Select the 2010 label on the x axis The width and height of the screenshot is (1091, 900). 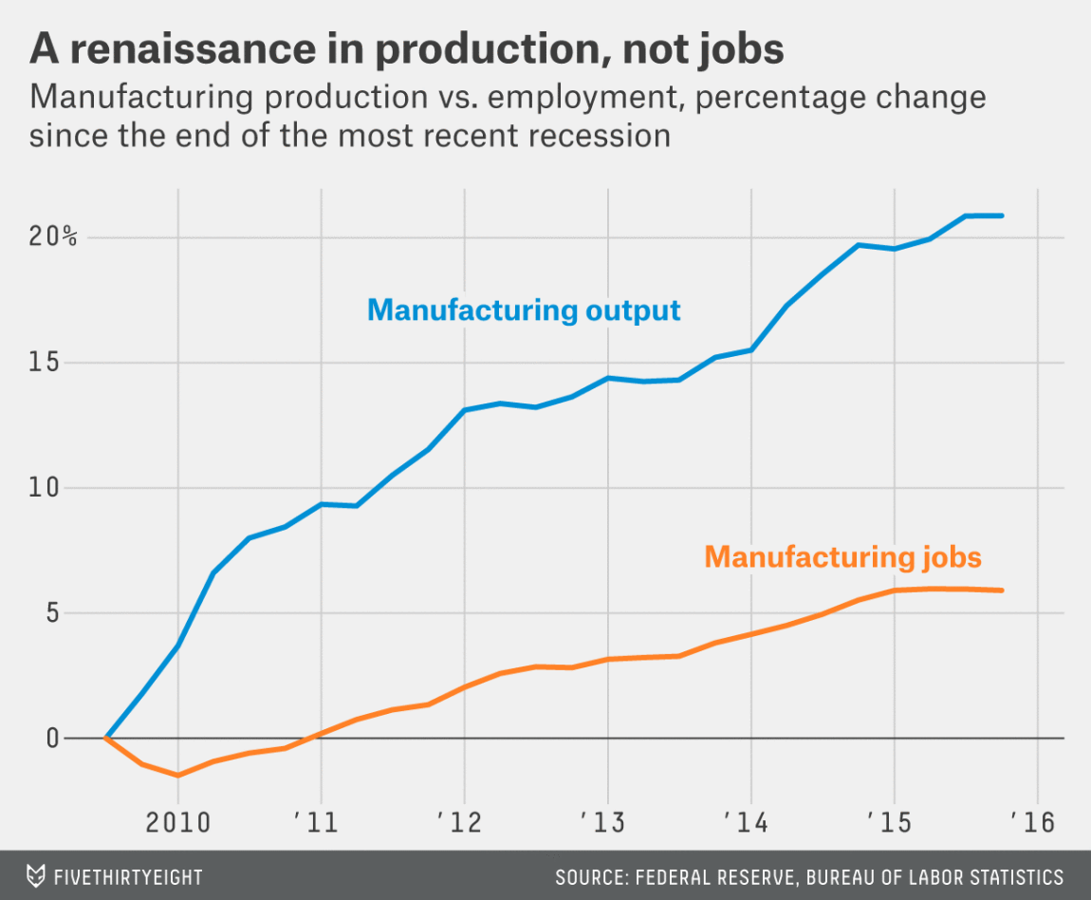coord(177,821)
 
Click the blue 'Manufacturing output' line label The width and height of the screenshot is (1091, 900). coord(524,310)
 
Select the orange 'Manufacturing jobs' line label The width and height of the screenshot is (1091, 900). coord(843,556)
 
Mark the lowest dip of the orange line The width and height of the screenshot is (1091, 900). coord(177,776)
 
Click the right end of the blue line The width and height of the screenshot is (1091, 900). coord(1002,216)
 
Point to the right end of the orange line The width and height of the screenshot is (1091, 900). coord(1002,591)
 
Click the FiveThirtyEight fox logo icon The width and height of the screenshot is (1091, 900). coord(36,875)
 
